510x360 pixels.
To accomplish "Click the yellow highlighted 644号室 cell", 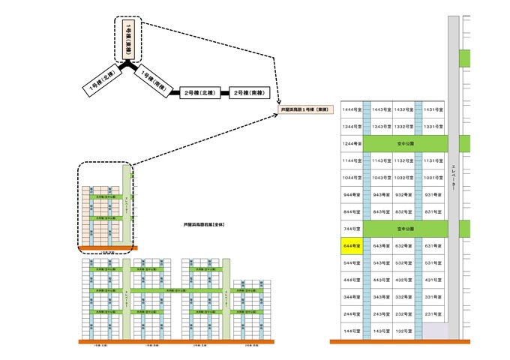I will [x=350, y=245].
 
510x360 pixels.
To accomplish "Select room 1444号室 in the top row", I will [x=350, y=109].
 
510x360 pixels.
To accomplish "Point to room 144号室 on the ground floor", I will [x=350, y=330].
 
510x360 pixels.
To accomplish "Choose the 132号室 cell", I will [x=404, y=330].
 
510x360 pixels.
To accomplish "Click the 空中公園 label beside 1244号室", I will [x=406, y=142].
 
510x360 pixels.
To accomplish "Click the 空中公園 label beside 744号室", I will [x=406, y=227].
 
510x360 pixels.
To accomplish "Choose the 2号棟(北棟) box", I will [x=199, y=93].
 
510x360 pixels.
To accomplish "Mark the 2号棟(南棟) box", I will [x=248, y=93].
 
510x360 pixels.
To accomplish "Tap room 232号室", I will [x=404, y=313].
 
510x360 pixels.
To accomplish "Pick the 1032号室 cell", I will [x=404, y=177].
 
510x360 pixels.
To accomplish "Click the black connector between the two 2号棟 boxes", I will [x=223, y=93].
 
